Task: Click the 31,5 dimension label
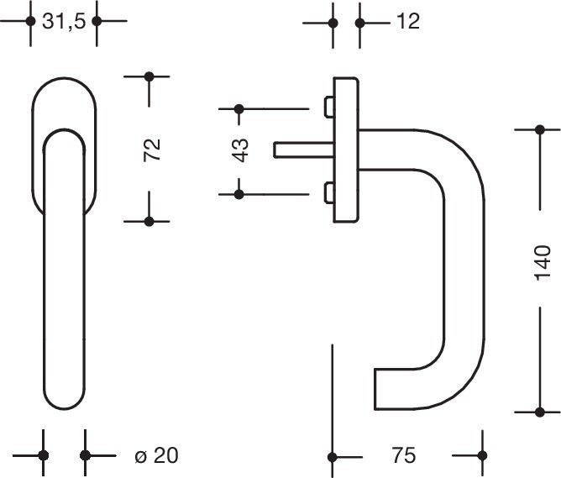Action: click(x=63, y=21)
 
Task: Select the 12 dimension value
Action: click(x=407, y=21)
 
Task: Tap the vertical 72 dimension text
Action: click(x=152, y=150)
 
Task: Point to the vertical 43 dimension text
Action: click(x=241, y=150)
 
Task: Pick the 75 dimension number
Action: click(x=404, y=456)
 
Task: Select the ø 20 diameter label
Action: click(x=156, y=456)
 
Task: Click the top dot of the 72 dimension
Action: click(x=149, y=76)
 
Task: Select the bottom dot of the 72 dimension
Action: click(x=149, y=222)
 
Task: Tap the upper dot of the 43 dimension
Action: click(x=239, y=108)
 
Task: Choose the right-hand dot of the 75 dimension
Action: click(x=481, y=457)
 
